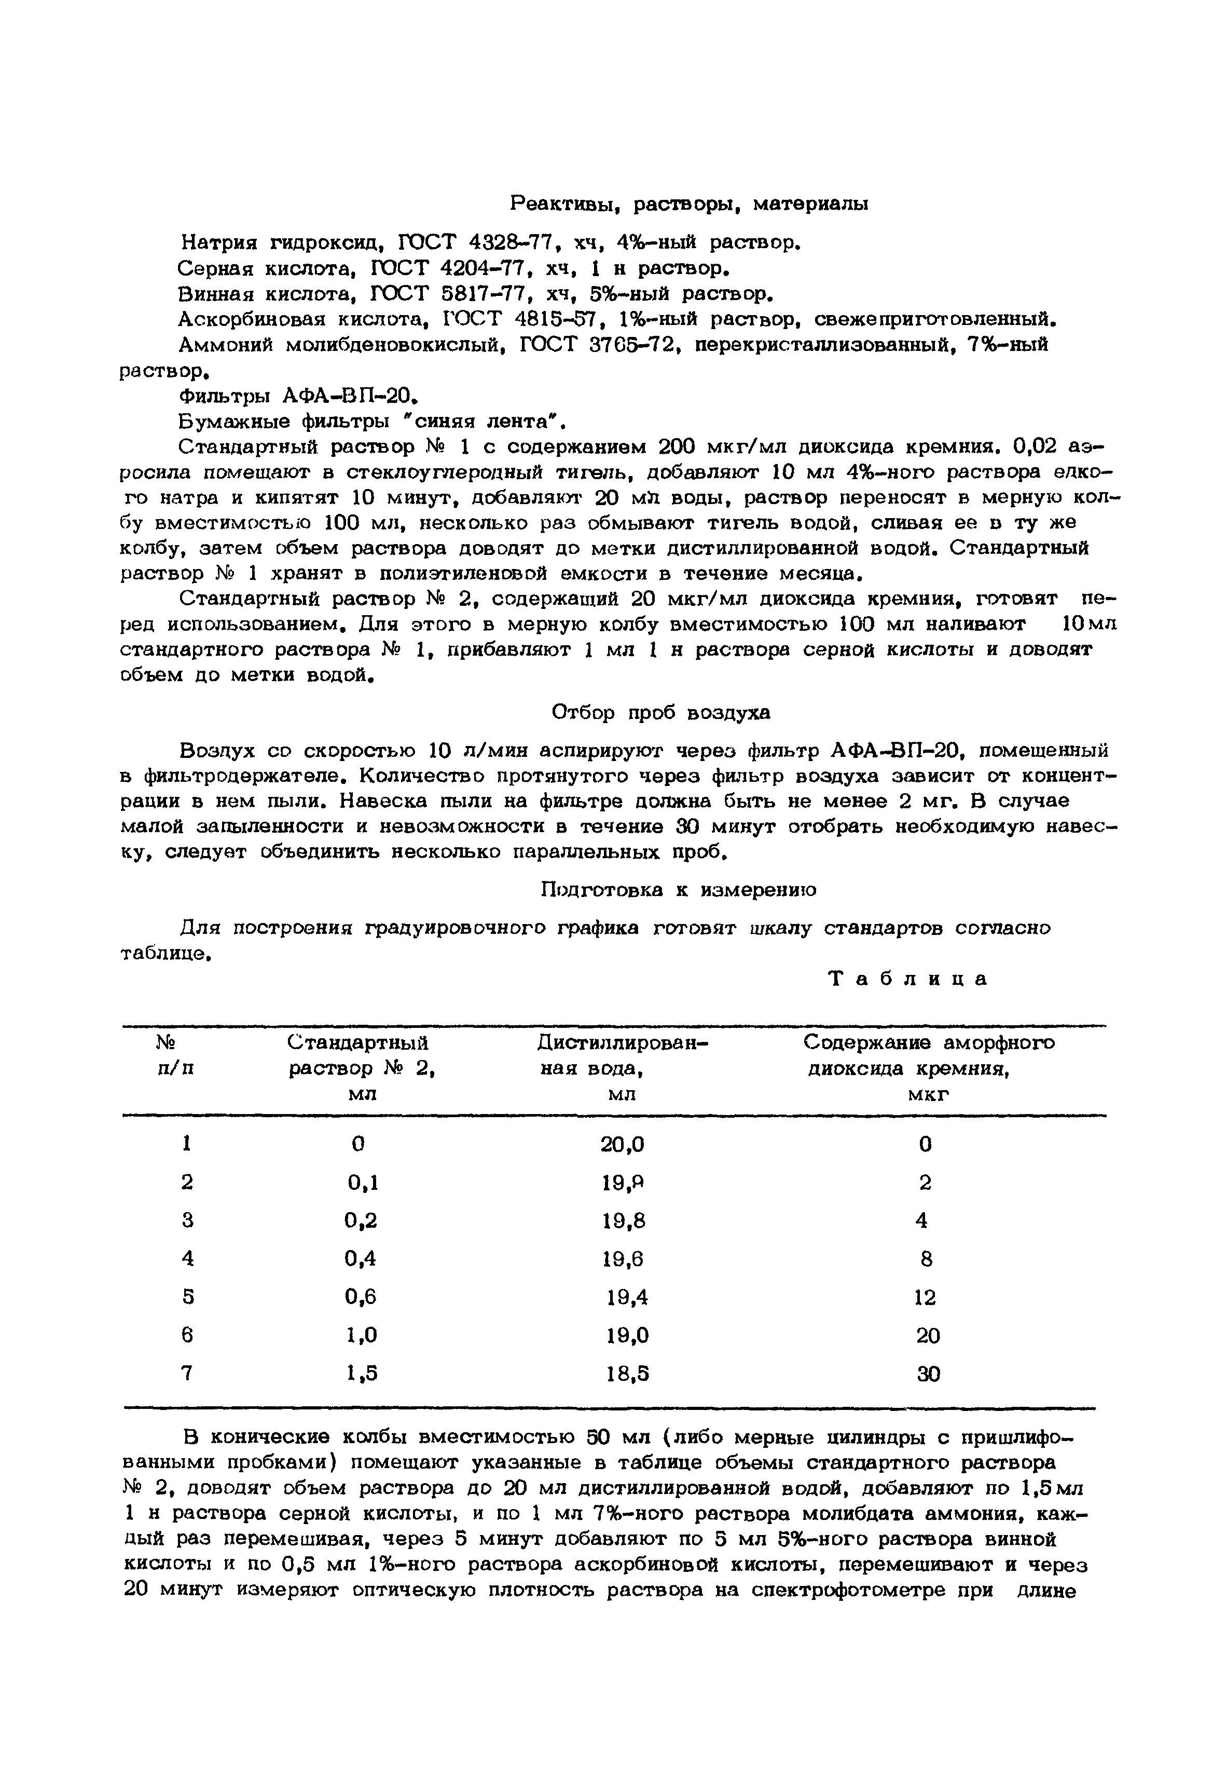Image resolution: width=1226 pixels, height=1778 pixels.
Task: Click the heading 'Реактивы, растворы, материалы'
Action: pyautogui.click(x=689, y=203)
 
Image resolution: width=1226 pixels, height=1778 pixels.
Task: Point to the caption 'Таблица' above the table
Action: pyautogui.click(x=909, y=978)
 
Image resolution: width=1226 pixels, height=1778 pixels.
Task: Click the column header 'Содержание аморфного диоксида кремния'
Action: pyautogui.click(x=929, y=1067)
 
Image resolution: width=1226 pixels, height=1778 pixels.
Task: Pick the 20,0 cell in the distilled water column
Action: pyautogui.click(x=622, y=1145)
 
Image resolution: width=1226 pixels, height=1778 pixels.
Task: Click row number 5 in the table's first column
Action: pyautogui.click(x=187, y=1297)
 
